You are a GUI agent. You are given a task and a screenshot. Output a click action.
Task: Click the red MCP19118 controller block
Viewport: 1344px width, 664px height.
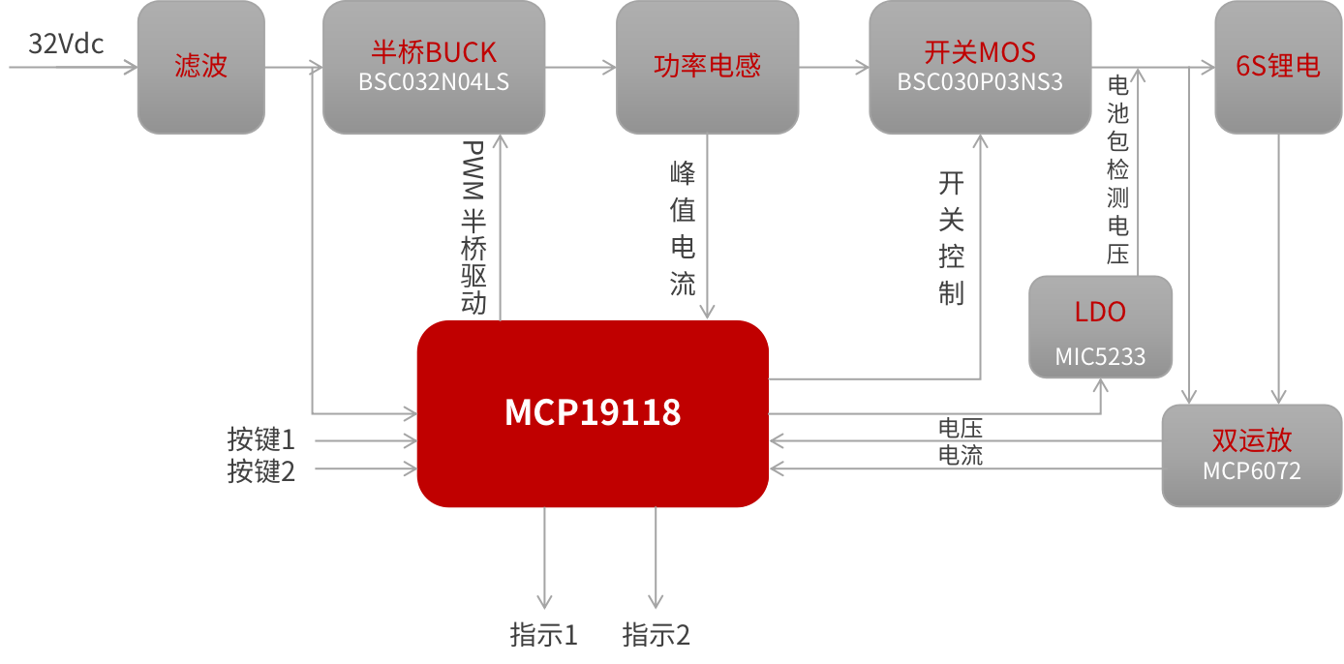click(592, 413)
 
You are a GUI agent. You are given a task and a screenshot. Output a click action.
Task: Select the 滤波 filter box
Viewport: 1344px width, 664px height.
click(200, 66)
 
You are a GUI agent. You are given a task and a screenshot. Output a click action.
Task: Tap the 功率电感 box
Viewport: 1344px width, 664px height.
click(707, 66)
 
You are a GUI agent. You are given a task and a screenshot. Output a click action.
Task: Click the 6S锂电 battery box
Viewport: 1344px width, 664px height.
click(1278, 66)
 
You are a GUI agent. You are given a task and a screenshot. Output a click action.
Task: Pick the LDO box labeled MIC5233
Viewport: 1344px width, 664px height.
click(1100, 327)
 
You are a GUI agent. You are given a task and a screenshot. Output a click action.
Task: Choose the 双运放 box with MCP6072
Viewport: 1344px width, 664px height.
click(1251, 455)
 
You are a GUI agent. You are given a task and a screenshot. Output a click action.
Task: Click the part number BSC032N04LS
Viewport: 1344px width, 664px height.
click(434, 82)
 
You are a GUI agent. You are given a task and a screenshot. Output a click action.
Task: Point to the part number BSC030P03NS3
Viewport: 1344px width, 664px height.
click(980, 82)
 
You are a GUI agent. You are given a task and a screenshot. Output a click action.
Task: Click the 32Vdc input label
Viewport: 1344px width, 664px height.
click(66, 45)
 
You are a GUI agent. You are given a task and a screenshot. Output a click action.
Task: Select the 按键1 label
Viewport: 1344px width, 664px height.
click(261, 439)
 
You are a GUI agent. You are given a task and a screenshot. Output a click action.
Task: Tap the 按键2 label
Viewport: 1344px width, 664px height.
click(261, 471)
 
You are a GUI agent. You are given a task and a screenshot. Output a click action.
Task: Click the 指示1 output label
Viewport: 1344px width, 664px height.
click(544, 635)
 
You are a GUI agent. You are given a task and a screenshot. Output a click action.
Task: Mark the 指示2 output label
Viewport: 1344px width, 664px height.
click(657, 635)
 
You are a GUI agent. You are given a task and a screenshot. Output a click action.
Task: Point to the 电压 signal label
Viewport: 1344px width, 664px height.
click(961, 428)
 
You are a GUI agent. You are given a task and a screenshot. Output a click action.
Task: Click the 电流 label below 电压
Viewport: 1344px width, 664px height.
click(961, 455)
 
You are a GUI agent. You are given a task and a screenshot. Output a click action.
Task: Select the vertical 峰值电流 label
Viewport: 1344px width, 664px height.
click(684, 228)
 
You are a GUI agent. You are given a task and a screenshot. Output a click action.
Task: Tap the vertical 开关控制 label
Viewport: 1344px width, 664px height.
click(951, 238)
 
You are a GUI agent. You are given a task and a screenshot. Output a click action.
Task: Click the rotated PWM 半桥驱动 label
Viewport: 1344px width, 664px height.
click(473, 228)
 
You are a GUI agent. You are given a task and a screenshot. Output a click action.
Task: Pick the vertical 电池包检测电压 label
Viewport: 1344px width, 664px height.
click(1118, 170)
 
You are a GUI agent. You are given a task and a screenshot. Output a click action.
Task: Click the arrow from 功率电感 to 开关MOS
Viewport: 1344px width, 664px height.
click(834, 67)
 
